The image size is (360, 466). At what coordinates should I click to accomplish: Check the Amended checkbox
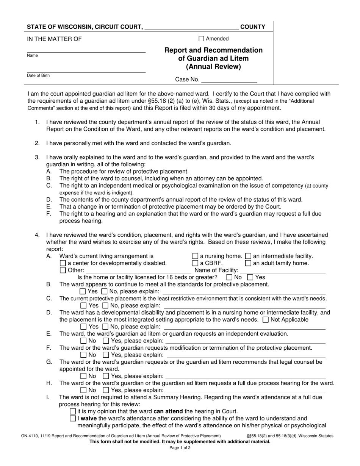click(202, 38)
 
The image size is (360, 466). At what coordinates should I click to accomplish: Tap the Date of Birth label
click(38, 75)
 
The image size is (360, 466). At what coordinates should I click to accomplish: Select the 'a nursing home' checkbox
click(195, 256)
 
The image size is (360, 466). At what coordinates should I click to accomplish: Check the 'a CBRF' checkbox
click(195, 263)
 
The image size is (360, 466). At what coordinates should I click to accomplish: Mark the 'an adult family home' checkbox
click(248, 263)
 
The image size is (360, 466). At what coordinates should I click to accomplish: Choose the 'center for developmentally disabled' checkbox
click(63, 263)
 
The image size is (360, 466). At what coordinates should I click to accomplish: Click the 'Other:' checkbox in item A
click(63, 271)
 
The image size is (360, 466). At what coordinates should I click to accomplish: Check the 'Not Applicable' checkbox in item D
click(266, 319)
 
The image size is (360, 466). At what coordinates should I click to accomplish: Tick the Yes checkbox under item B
click(83, 292)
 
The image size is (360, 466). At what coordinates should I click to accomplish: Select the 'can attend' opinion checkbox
click(73, 411)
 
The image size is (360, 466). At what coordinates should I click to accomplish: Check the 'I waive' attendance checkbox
click(73, 418)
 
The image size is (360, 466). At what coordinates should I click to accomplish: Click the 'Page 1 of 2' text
click(180, 447)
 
